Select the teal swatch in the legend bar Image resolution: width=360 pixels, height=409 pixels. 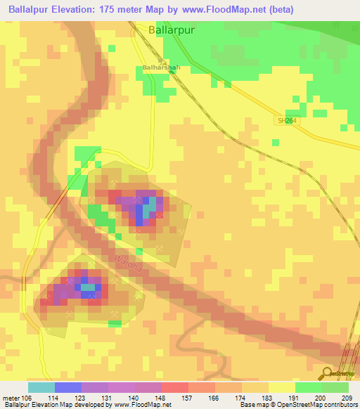point(41,387)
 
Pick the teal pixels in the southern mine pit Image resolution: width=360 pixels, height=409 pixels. point(88,287)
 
